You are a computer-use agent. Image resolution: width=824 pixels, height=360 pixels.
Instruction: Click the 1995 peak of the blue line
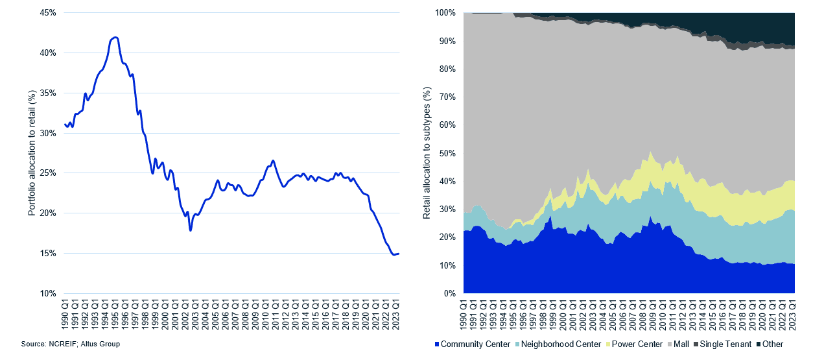115,38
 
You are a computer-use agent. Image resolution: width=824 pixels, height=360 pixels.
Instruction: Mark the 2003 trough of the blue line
191,230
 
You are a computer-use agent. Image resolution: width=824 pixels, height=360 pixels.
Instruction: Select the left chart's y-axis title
31,152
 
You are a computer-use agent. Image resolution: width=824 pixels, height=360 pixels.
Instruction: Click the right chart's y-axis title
427,152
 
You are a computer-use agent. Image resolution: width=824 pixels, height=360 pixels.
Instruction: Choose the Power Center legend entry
633,344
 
